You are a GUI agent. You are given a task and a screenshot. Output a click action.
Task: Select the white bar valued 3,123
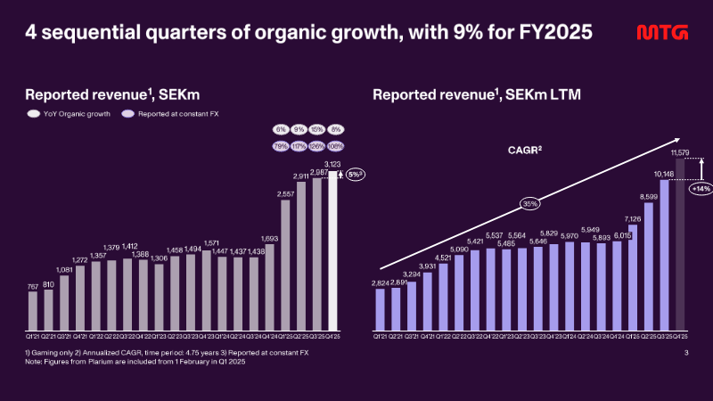click(x=334, y=250)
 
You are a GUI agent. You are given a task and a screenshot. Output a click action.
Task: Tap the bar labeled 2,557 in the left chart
click(x=286, y=265)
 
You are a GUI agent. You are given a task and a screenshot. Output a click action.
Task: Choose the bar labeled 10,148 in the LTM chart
click(x=664, y=253)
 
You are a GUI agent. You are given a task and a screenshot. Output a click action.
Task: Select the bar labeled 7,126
click(x=633, y=276)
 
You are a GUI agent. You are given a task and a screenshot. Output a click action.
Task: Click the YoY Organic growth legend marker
click(x=33, y=114)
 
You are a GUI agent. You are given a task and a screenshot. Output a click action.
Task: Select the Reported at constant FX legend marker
click(x=128, y=114)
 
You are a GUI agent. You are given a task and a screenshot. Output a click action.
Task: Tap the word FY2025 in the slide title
click(x=554, y=34)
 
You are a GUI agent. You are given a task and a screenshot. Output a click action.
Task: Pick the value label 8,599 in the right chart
click(x=648, y=195)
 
